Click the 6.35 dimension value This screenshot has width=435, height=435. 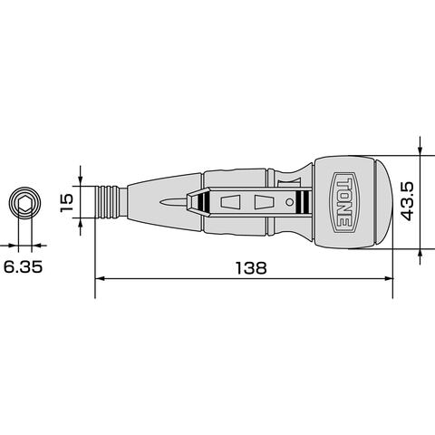(x=23, y=267)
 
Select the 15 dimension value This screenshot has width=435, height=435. (x=66, y=202)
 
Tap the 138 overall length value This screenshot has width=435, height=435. (x=251, y=267)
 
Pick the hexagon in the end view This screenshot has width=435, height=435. (x=24, y=202)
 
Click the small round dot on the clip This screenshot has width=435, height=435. (x=289, y=202)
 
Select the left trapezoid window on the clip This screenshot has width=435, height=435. (x=230, y=202)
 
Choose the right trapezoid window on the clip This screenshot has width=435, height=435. (x=264, y=202)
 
